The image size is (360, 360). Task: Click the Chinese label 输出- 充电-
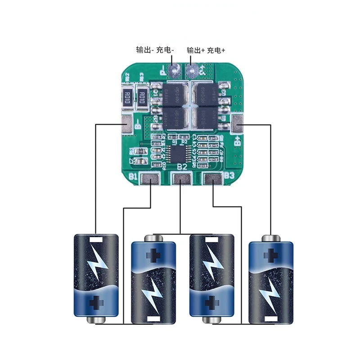pyautogui.click(x=155, y=50)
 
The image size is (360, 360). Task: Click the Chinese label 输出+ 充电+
pyautogui.click(x=206, y=50)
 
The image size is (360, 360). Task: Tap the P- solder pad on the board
pyautogui.click(x=174, y=69)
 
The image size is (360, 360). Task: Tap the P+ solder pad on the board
pyautogui.click(x=193, y=70)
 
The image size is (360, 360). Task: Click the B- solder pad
pyautogui.click(x=127, y=124)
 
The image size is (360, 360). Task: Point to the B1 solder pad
pyautogui.click(x=149, y=180)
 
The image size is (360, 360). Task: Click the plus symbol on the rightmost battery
pyautogui.click(x=271, y=255)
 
